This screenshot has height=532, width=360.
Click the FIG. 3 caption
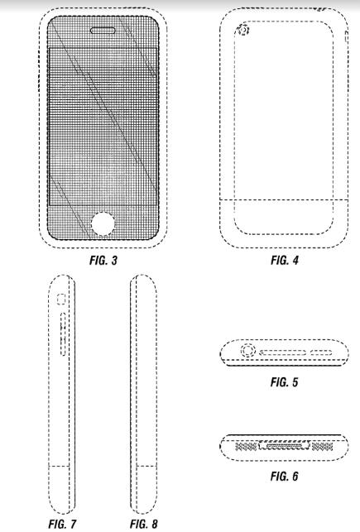(x=103, y=261)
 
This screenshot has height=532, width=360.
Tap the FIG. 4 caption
(x=285, y=261)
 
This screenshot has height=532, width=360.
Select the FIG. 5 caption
(x=285, y=382)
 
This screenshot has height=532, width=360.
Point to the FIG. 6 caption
(x=285, y=476)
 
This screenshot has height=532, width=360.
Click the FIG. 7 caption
(x=62, y=524)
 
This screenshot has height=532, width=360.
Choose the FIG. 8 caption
(x=144, y=524)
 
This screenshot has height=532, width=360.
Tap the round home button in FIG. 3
(x=103, y=224)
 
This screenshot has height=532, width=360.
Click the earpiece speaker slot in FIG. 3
(x=103, y=31)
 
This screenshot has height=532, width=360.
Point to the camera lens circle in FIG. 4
(x=243, y=31)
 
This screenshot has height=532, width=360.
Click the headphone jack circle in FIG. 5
(x=248, y=351)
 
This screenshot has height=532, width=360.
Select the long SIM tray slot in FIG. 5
(x=283, y=352)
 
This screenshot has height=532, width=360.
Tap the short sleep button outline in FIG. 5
(x=321, y=352)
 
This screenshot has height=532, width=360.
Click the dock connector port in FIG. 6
(x=285, y=445)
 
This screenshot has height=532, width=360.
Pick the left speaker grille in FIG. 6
(x=246, y=447)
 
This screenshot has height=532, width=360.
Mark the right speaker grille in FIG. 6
(x=322, y=447)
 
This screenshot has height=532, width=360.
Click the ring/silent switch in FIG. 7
(x=61, y=300)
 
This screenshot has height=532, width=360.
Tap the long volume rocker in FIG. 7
(x=63, y=334)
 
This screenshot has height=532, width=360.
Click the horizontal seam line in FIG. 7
(x=60, y=466)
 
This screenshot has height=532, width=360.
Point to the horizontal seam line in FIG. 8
(x=146, y=466)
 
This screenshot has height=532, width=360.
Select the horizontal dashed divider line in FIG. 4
(x=284, y=199)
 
